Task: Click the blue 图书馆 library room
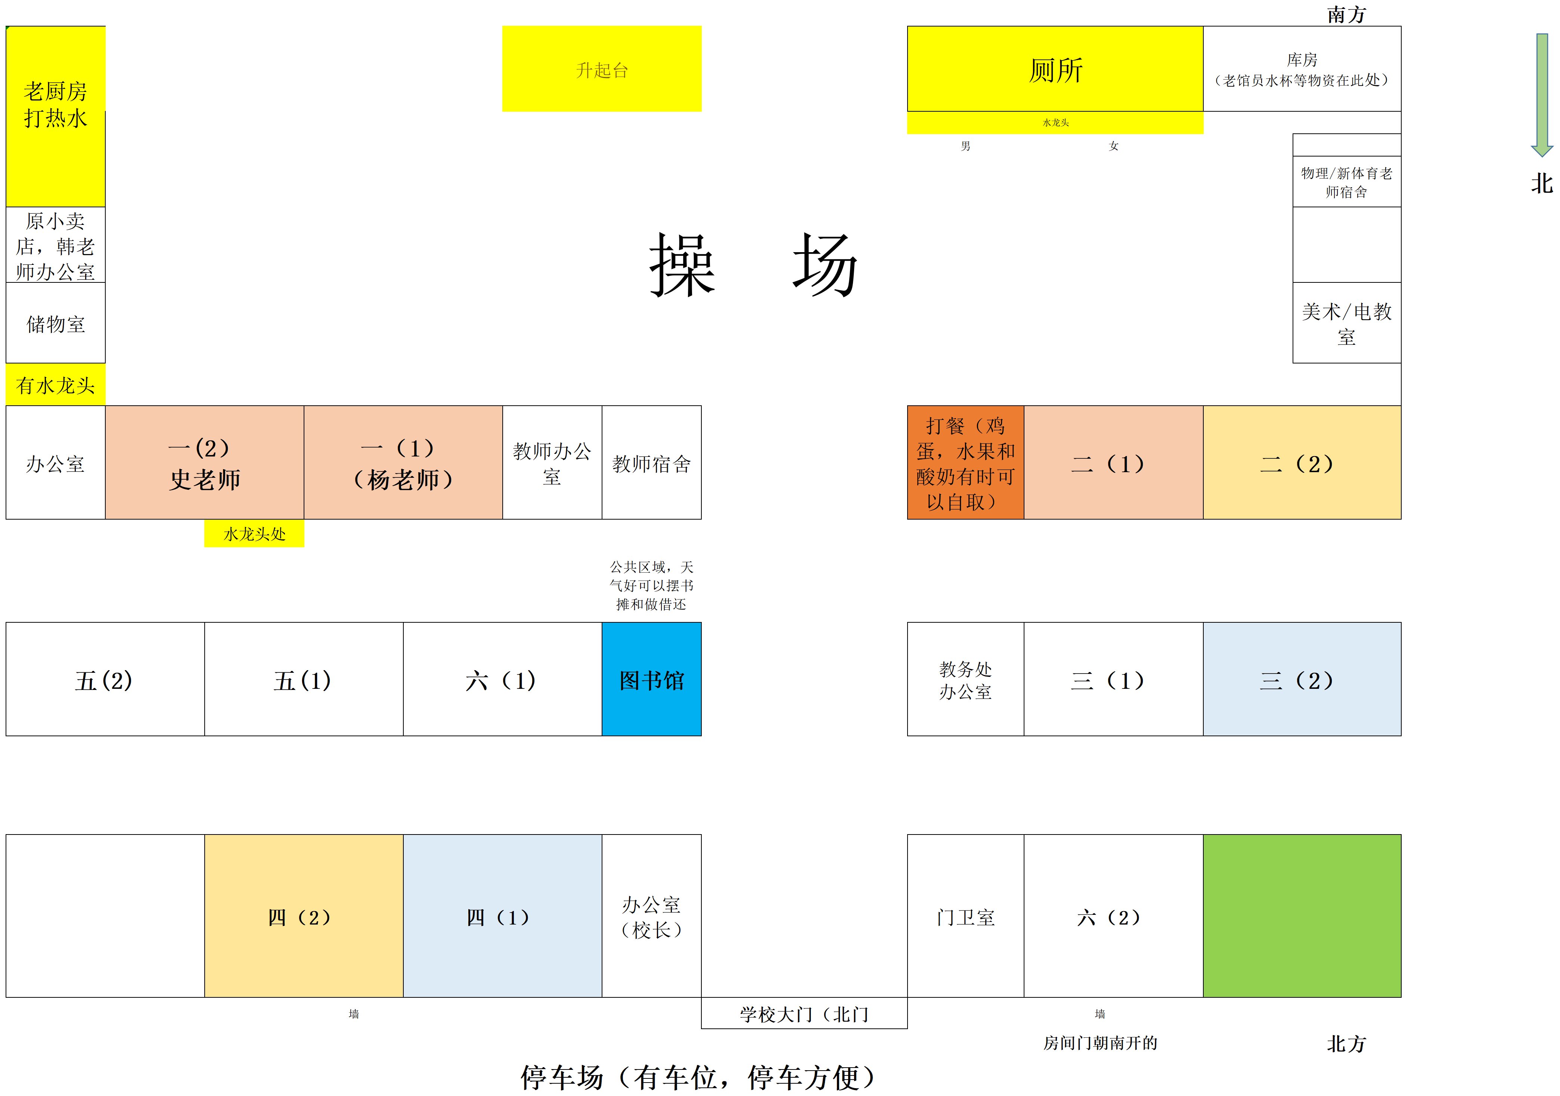click(652, 679)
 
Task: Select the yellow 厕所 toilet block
click(1055, 69)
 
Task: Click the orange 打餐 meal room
click(965, 463)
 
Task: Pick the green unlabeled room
click(1302, 916)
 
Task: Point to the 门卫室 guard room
click(965, 916)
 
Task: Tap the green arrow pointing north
click(1542, 95)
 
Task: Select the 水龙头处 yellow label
click(254, 533)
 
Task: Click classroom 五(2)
click(105, 679)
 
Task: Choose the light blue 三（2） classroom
click(1302, 679)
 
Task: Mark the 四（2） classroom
click(304, 916)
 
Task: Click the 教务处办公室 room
click(965, 679)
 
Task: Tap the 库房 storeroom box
click(1302, 69)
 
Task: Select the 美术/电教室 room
click(1347, 323)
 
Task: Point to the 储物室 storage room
click(56, 323)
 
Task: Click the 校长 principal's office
click(652, 916)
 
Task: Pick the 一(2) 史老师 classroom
click(205, 463)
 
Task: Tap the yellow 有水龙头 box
click(56, 385)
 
